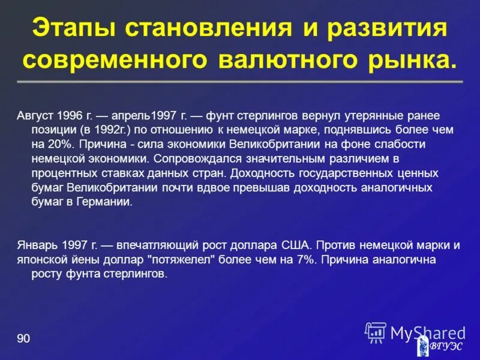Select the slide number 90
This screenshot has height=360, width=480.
[x=23, y=340]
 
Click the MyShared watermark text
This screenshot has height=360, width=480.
[x=427, y=332]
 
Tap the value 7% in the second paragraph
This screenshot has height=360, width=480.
[x=299, y=260]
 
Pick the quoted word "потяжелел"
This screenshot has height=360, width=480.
[x=183, y=260]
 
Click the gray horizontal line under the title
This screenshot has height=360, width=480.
[x=240, y=81]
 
